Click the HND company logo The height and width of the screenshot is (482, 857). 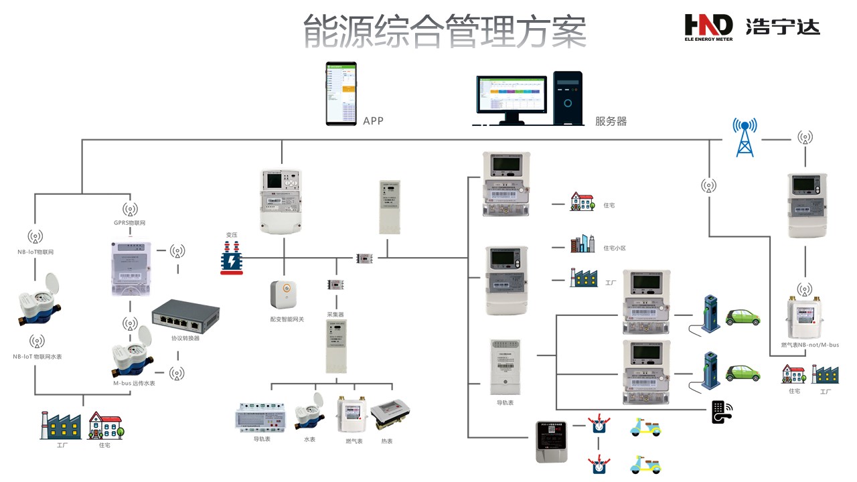[708, 27]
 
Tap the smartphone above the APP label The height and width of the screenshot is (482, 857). [341, 94]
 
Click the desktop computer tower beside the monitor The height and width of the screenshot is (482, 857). [568, 98]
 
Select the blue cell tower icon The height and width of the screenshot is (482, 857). [745, 138]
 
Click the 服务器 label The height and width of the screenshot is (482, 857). [611, 121]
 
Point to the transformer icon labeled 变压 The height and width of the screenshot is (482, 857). [232, 258]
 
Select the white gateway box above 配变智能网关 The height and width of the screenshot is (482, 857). [283, 296]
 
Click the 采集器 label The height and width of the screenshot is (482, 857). [335, 313]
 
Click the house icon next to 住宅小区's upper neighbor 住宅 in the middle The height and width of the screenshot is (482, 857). [582, 202]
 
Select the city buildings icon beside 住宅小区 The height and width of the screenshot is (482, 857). [582, 244]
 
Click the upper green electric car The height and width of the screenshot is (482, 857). [743, 316]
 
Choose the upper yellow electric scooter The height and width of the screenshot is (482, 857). [645, 427]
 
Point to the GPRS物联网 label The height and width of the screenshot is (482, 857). [130, 222]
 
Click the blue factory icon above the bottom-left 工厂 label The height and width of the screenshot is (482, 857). [60, 426]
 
